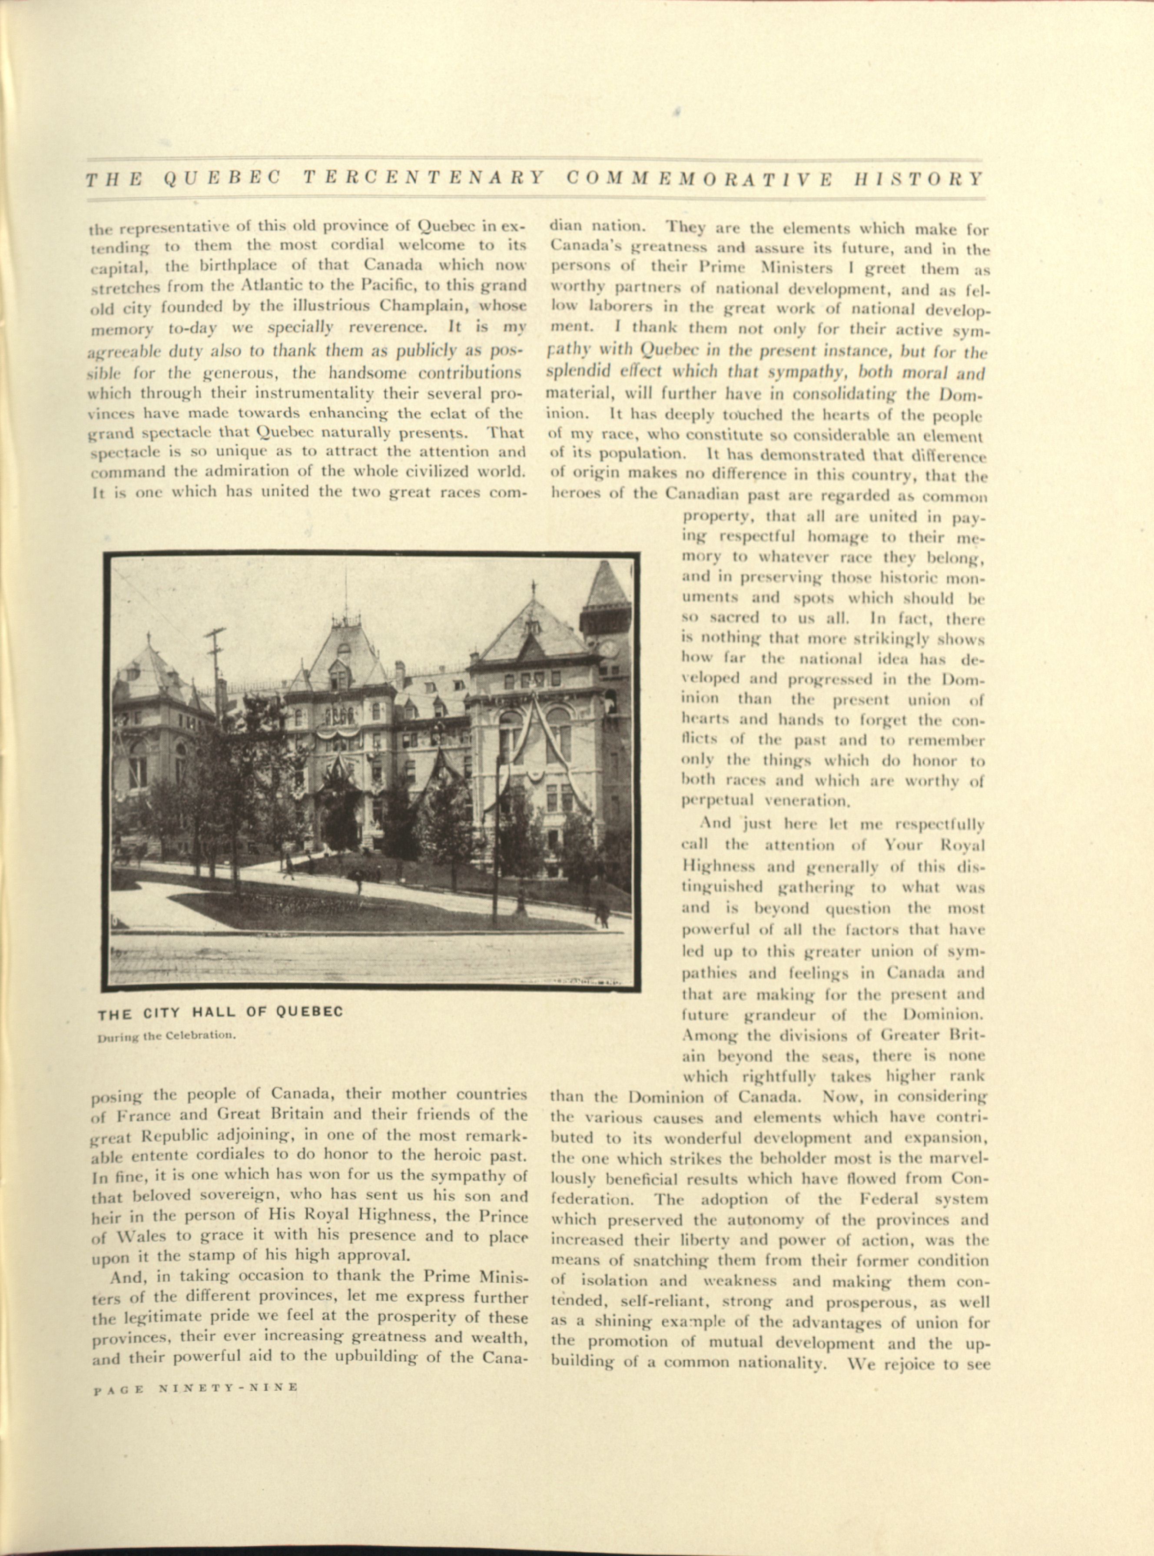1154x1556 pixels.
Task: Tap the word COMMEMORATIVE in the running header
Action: [x=699, y=179]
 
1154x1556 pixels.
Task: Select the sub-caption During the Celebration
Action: [x=167, y=1036]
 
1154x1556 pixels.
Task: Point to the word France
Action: [x=143, y=1114]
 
